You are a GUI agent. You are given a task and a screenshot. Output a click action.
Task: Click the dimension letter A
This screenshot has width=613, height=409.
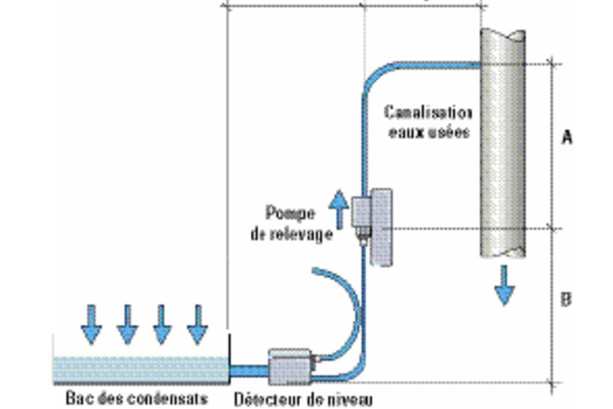[567, 137]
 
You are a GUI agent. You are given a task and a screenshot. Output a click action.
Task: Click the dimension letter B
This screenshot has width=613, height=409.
[566, 300]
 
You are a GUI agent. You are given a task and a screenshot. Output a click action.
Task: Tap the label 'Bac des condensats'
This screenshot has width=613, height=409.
[136, 398]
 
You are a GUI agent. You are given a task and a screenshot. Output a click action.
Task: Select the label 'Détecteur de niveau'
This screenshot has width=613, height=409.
[303, 399]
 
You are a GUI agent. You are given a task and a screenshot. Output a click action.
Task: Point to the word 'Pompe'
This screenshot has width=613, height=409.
[290, 214]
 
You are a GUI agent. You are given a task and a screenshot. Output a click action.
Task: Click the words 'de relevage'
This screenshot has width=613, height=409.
[292, 234]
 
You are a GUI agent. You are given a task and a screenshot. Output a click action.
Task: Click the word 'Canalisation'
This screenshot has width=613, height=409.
[429, 113]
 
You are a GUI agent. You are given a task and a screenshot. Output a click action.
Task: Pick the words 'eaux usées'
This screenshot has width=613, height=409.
[429, 132]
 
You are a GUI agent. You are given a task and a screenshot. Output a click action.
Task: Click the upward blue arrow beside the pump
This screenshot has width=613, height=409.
[339, 209]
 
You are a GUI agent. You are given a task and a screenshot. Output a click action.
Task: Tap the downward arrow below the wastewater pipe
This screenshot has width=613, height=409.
[504, 285]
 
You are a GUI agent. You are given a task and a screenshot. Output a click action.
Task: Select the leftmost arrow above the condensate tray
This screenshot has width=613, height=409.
[92, 325]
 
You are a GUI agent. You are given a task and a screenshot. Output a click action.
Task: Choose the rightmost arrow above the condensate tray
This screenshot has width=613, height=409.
[198, 325]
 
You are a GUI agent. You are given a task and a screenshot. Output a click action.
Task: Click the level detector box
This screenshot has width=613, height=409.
[290, 366]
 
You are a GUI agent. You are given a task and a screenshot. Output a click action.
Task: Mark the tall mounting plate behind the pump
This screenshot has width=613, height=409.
[381, 227]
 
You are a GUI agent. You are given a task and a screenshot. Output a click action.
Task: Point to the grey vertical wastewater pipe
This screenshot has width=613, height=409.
[503, 143]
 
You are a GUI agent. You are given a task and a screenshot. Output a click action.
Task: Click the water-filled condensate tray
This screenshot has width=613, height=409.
[141, 370]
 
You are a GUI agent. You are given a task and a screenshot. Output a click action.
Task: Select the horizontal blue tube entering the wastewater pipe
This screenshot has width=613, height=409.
[438, 65]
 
